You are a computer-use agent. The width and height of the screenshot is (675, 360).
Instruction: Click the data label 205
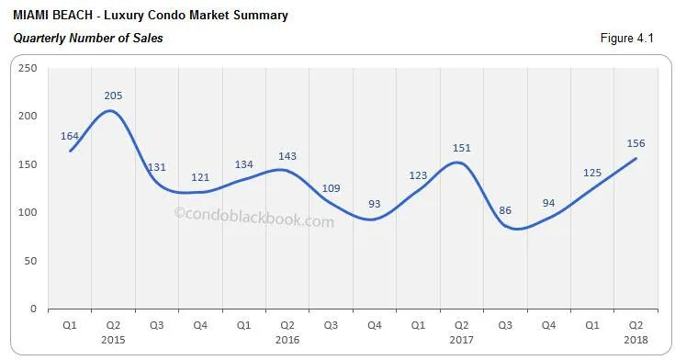tap(113, 96)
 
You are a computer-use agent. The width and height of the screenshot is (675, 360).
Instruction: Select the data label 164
tap(70, 135)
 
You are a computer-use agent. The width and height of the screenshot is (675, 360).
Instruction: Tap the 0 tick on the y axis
tap(33, 309)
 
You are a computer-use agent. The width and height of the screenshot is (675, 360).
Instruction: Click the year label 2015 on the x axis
tap(113, 339)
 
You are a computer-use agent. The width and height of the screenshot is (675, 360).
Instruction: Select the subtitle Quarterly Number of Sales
tap(88, 39)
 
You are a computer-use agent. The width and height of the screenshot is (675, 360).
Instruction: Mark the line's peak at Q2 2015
tap(112, 111)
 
